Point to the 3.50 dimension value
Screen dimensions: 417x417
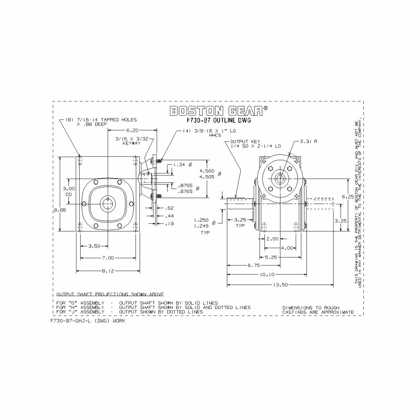click(x=94, y=246)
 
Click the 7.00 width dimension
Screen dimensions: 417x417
click(x=108, y=258)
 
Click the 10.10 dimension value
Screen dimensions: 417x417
click(x=267, y=275)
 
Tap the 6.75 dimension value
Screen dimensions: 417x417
click(x=253, y=265)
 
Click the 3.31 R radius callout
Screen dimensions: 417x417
click(x=308, y=141)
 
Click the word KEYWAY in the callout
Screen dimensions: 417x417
click(x=131, y=143)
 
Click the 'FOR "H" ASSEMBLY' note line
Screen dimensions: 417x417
click(x=153, y=308)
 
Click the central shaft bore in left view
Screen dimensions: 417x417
click(x=108, y=204)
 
